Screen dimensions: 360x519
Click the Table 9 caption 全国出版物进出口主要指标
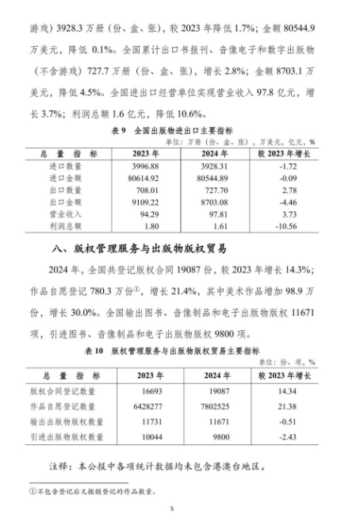(180, 129)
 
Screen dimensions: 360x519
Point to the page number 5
(181, 509)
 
